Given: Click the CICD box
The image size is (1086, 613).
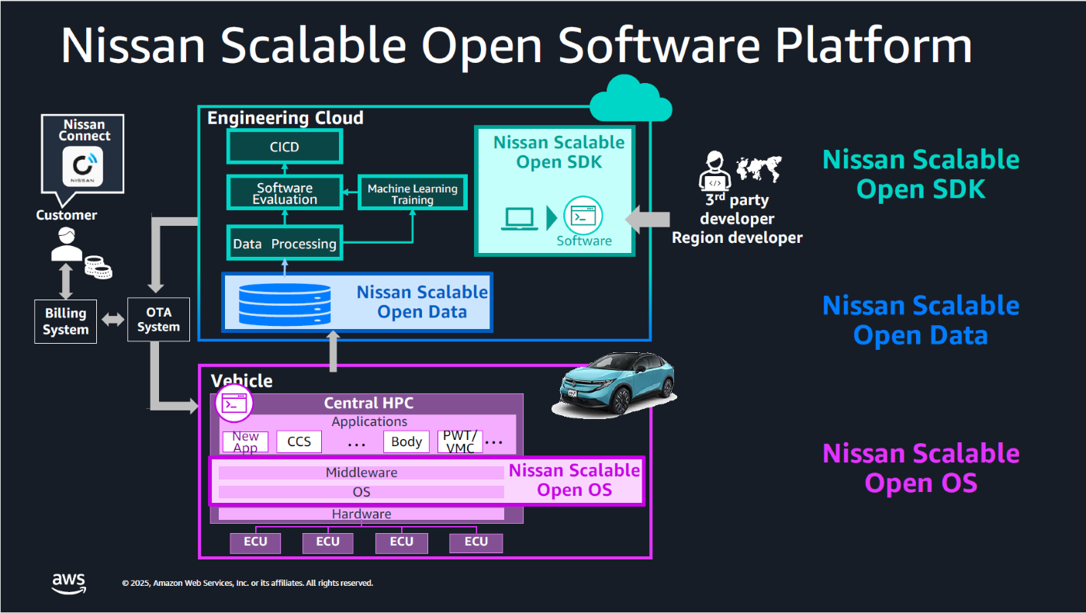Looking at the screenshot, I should [284, 147].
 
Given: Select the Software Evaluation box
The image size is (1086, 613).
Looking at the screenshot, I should [284, 193].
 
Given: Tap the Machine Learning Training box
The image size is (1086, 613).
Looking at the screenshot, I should [412, 193].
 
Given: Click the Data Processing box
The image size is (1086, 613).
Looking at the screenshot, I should [284, 244].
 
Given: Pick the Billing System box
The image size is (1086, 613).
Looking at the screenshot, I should [65, 321].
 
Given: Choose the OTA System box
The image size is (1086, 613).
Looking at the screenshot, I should [158, 320].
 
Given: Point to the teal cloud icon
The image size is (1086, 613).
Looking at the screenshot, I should [630, 99].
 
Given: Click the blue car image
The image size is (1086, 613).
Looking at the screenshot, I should [617, 385].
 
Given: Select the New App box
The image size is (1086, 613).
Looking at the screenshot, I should [245, 442].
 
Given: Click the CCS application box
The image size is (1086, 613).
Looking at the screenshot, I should [299, 442].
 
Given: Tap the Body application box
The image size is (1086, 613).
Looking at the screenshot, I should [406, 442].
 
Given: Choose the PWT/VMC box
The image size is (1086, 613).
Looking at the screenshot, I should [459, 442].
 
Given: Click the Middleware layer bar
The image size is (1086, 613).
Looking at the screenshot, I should [361, 473].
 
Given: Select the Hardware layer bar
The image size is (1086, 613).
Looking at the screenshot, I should [361, 514].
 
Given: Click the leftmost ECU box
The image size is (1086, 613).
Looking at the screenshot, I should [255, 542].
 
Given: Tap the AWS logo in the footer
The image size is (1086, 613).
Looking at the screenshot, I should [69, 583].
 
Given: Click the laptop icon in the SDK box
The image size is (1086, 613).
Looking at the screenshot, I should [520, 219].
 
